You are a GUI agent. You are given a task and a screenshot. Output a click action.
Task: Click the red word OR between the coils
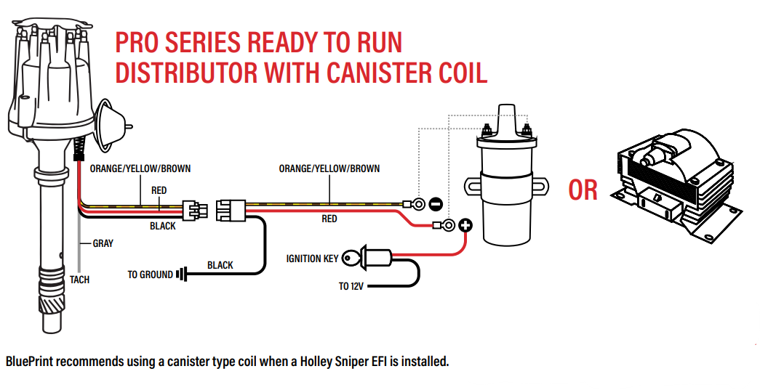pyautogui.click(x=583, y=190)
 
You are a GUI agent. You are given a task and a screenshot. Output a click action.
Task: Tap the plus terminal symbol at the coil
pyautogui.click(x=465, y=225)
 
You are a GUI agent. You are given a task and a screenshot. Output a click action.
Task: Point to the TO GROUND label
pyautogui.click(x=150, y=275)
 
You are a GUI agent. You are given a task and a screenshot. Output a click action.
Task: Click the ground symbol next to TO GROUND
pyautogui.click(x=181, y=275)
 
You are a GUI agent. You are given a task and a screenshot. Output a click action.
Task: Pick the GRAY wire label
pyautogui.click(x=103, y=243)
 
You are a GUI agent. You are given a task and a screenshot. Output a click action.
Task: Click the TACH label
pyautogui.click(x=79, y=280)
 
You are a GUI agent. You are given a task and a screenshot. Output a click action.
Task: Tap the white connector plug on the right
pyautogui.click(x=231, y=211)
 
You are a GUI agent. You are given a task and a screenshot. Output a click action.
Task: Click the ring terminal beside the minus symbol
pyautogui.click(x=417, y=204)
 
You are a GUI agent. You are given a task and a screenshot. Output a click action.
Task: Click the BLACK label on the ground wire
pyautogui.click(x=220, y=265)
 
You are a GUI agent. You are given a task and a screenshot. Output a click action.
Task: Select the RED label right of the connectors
pyautogui.click(x=329, y=219)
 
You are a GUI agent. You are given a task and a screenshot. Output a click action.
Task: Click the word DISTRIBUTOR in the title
pyautogui.click(x=187, y=72)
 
